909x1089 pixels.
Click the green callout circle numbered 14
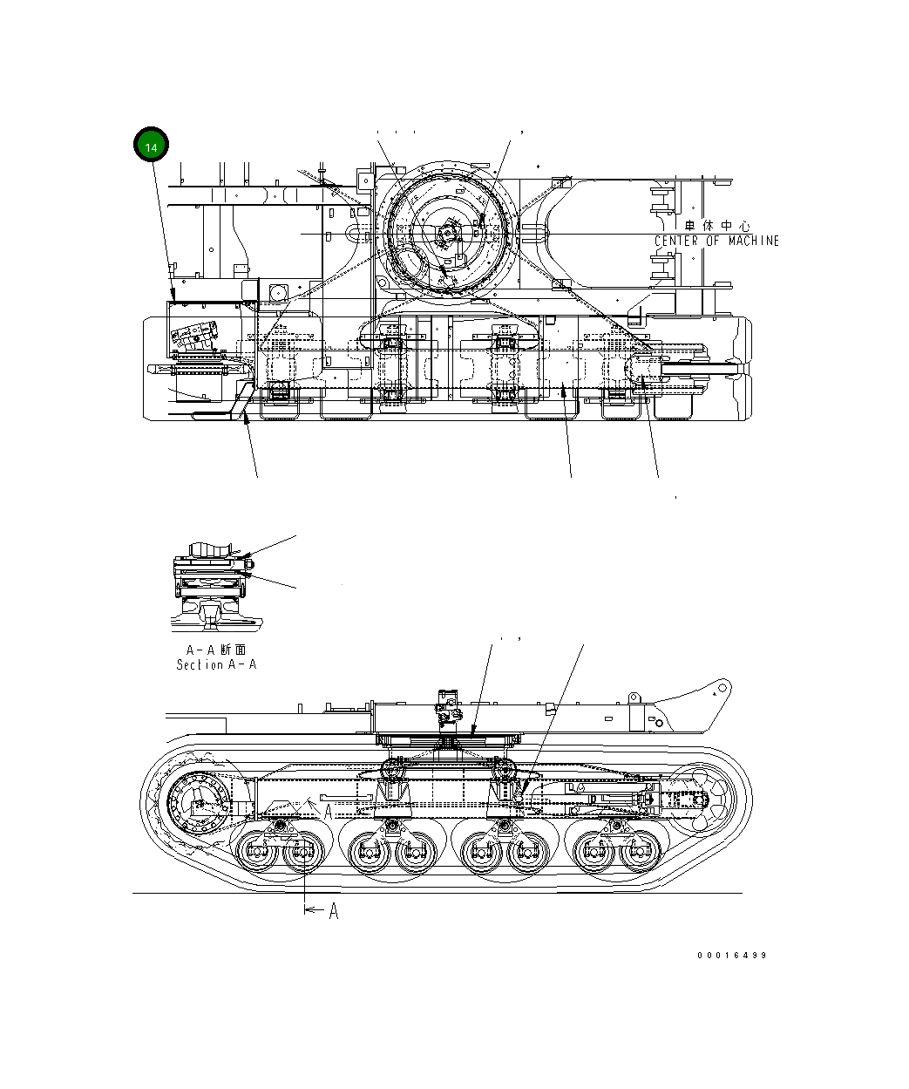pos(151,146)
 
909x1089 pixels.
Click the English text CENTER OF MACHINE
pos(716,241)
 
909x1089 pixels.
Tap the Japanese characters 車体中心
pos(720,226)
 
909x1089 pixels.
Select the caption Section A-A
pos(216,664)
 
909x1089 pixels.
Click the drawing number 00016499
pos(731,955)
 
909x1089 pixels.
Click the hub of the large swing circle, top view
pos(447,234)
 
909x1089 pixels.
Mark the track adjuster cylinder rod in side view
pos(610,799)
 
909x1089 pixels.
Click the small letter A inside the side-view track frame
pos(328,811)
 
